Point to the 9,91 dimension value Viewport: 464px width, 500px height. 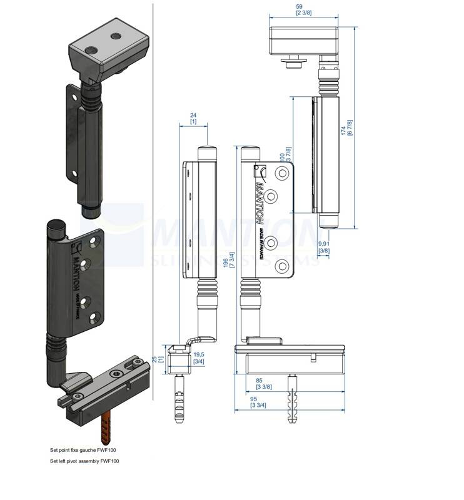pos(324,244)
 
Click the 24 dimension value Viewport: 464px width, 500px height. pos(193,115)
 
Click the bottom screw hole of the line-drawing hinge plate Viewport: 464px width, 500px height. pos(283,267)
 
